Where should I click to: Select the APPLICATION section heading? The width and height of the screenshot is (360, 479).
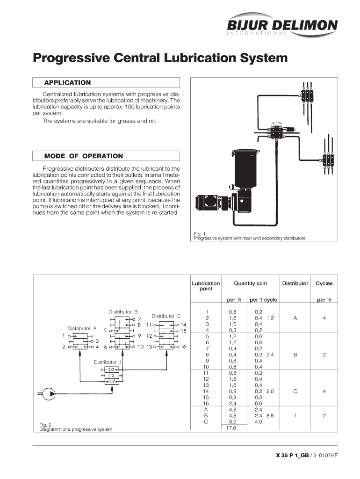(x=67, y=83)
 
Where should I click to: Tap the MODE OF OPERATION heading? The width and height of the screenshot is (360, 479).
(x=83, y=156)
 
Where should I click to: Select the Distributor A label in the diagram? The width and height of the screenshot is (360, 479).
(x=82, y=328)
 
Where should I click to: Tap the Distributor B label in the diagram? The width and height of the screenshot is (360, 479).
(x=123, y=312)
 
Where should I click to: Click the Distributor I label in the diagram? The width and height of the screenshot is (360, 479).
(x=108, y=362)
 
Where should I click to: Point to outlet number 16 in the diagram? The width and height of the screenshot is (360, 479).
(x=183, y=347)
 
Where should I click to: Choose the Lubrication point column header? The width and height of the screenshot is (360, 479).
(x=206, y=286)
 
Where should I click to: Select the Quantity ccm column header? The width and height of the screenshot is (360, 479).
(x=251, y=283)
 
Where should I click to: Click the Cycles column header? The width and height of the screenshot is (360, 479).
(x=324, y=283)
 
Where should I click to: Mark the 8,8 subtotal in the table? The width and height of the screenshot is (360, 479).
(x=270, y=415)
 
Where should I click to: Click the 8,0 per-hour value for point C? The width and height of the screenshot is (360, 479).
(x=232, y=421)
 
